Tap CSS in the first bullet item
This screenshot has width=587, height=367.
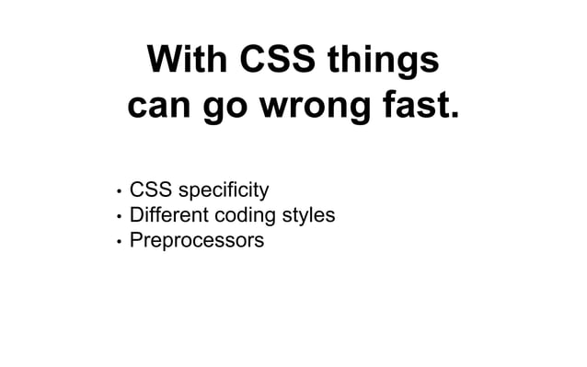[x=151, y=190]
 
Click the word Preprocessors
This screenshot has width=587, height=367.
[x=196, y=241]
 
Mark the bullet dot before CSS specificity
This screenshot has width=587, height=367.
[x=119, y=192]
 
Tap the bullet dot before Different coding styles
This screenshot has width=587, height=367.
[x=119, y=217]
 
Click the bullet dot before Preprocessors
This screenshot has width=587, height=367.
[x=119, y=242]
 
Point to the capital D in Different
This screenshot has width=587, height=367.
[x=137, y=215]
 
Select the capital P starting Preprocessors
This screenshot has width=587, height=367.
[x=136, y=240]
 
